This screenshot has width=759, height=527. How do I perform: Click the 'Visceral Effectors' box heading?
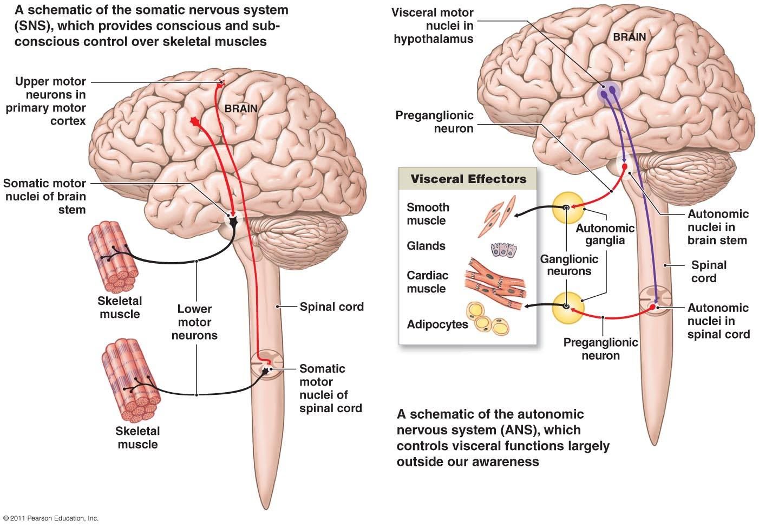pos(468,179)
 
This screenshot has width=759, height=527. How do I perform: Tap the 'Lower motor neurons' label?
pos(194,322)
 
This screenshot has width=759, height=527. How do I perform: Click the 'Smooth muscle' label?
pos(428,214)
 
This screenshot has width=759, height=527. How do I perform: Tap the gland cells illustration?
pos(503,249)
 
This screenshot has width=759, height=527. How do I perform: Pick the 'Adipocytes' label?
pos(437,324)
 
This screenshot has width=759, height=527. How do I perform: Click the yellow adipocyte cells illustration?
pos(488,317)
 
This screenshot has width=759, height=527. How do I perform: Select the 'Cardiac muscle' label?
pos(428,282)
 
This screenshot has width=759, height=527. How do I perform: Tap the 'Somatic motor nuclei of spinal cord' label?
pos(330,388)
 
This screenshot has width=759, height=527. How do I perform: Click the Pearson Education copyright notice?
pos(50,518)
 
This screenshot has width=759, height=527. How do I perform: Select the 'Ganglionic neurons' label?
pos(569,265)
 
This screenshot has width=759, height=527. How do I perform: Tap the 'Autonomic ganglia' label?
pos(605,234)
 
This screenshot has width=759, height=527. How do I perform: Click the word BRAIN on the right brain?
pos(630,37)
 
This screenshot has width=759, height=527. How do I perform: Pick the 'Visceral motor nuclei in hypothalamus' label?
pos(433,25)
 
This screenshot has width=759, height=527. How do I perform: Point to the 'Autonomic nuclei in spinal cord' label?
pos(718,321)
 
